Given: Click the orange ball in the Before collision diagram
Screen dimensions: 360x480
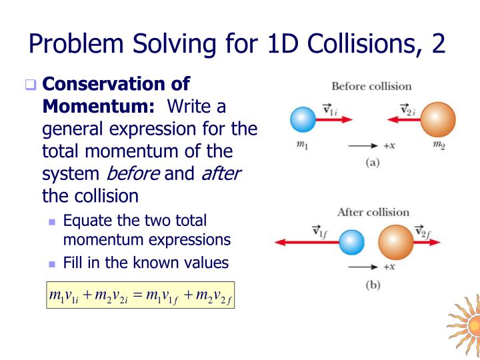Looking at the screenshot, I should coord(437,120).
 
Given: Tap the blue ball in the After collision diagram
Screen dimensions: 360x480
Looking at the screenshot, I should coord(351,243).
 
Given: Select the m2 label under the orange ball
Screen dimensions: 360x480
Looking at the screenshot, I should coord(439,146).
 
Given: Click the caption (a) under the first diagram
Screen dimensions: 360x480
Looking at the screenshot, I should coord(372,162).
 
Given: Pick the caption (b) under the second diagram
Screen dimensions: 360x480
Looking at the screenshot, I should coord(373,285).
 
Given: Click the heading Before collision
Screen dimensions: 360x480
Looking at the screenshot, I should coord(371,86).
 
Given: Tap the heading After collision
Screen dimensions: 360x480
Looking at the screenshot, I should coord(373,212).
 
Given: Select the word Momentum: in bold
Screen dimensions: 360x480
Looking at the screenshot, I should coord(99,106).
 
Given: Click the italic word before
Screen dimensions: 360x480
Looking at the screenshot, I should coord(133,174).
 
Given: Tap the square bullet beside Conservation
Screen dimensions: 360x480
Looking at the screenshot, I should coord(30,85).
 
